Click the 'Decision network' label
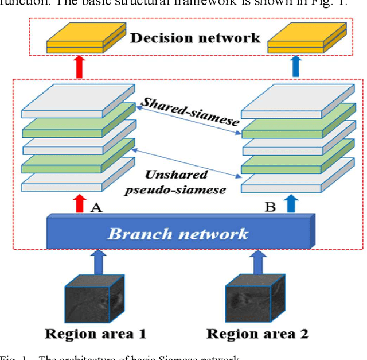coord(195,38)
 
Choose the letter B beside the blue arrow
coord(270,206)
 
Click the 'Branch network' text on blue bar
coord(178,234)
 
